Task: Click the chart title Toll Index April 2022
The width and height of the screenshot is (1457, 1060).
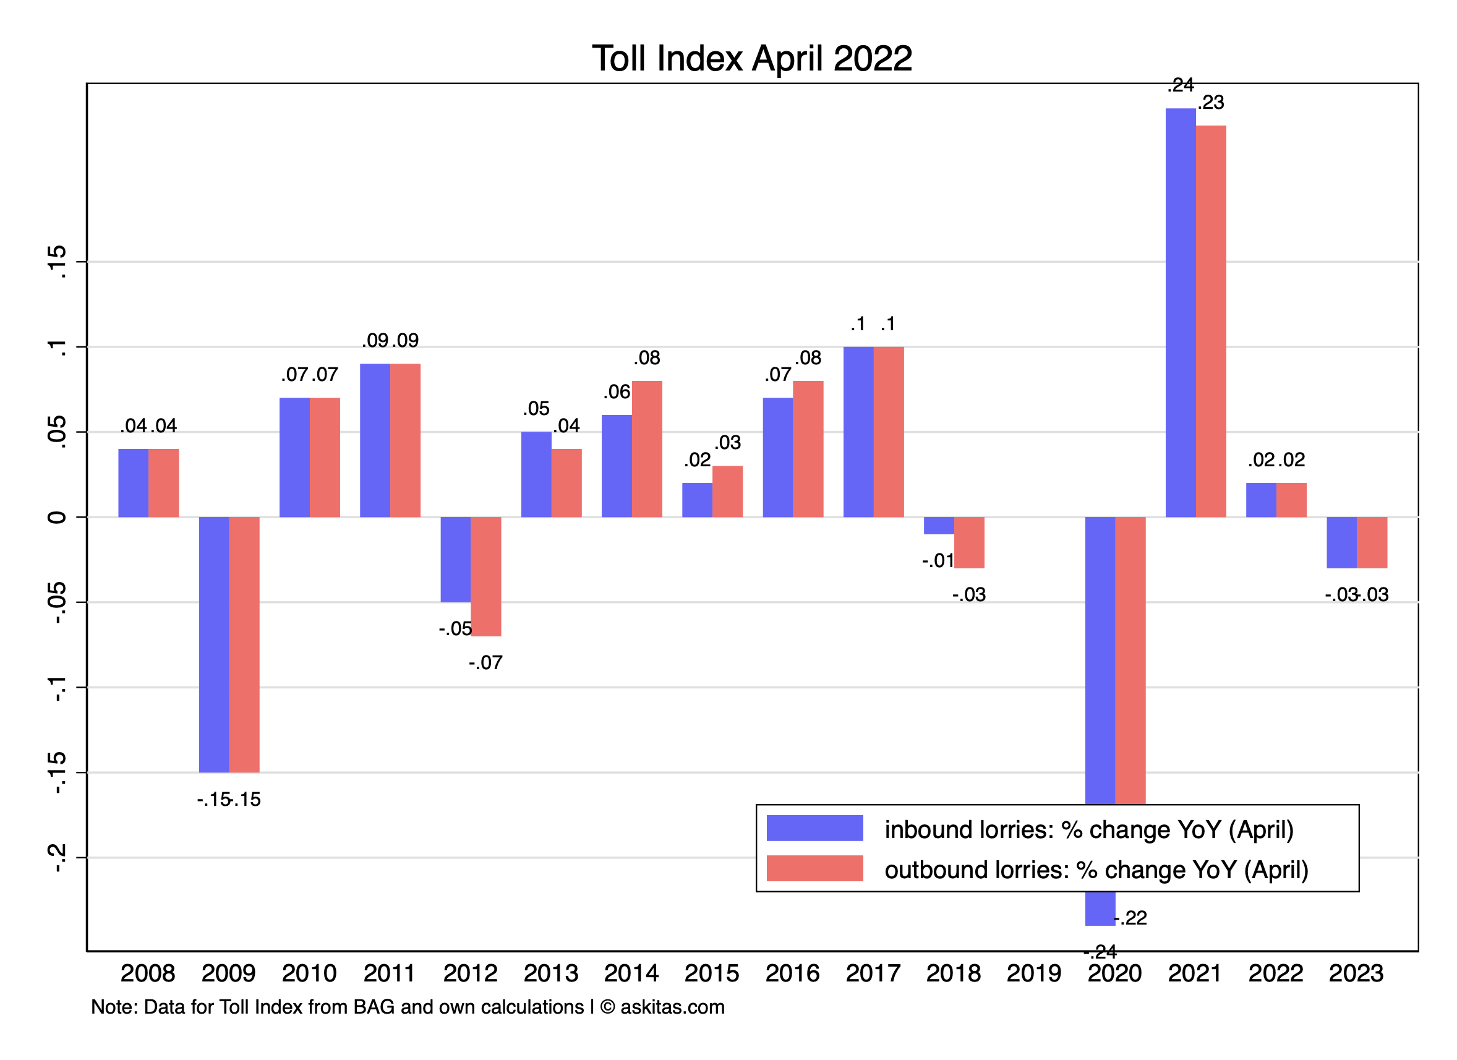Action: pyautogui.click(x=751, y=59)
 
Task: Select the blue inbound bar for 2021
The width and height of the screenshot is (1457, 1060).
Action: pyautogui.click(x=1181, y=313)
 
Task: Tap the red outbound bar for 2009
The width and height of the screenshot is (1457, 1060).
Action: pyautogui.click(x=244, y=644)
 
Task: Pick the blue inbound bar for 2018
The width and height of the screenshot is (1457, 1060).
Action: pyautogui.click(x=939, y=526)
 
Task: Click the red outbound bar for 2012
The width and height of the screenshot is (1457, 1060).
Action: pyautogui.click(x=485, y=576)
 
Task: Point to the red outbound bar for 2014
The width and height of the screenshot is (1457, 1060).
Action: pyautogui.click(x=647, y=449)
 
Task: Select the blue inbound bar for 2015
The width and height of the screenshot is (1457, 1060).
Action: pyautogui.click(x=697, y=500)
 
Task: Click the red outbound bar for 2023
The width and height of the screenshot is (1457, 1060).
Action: pyautogui.click(x=1372, y=542)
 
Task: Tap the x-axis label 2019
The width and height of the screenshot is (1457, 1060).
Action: pyautogui.click(x=1033, y=973)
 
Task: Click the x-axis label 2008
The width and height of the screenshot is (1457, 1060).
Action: pyautogui.click(x=148, y=973)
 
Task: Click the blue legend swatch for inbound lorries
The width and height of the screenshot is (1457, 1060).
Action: pyautogui.click(x=814, y=828)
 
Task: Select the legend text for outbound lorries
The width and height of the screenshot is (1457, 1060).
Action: pyautogui.click(x=1096, y=870)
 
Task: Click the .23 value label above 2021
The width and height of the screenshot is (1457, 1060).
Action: pyautogui.click(x=1211, y=103)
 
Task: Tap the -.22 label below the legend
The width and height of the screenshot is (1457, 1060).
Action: pyautogui.click(x=1130, y=918)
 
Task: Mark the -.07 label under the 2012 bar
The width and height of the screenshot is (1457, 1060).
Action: pyautogui.click(x=485, y=663)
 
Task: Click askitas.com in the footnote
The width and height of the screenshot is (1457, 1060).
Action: pyautogui.click(x=672, y=1007)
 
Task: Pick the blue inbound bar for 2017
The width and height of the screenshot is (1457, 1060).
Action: pyautogui.click(x=858, y=432)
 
